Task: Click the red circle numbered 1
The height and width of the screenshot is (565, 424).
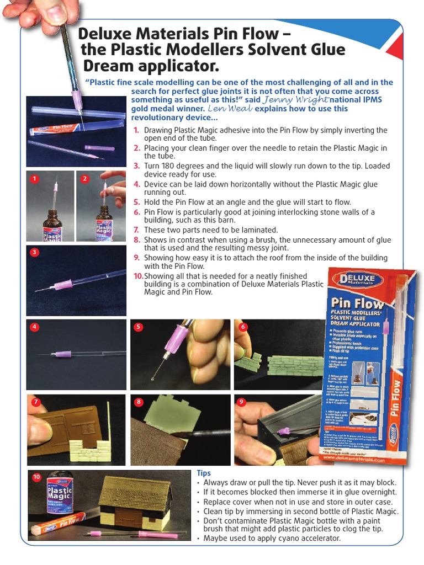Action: pyautogui.click(x=34, y=179)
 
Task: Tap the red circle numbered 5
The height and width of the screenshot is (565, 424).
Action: pyautogui.click(x=139, y=327)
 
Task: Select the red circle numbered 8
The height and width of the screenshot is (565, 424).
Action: pyautogui.click(x=139, y=402)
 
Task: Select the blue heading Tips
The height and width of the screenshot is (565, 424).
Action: pyautogui.click(x=204, y=473)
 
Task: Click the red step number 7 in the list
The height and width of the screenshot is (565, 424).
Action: pyautogui.click(x=136, y=230)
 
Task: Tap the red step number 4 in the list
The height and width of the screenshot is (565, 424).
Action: pyautogui.click(x=136, y=184)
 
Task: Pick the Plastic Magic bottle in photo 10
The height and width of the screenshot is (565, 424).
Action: pyautogui.click(x=59, y=493)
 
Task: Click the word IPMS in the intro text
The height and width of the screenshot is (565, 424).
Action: pyautogui.click(x=369, y=100)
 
